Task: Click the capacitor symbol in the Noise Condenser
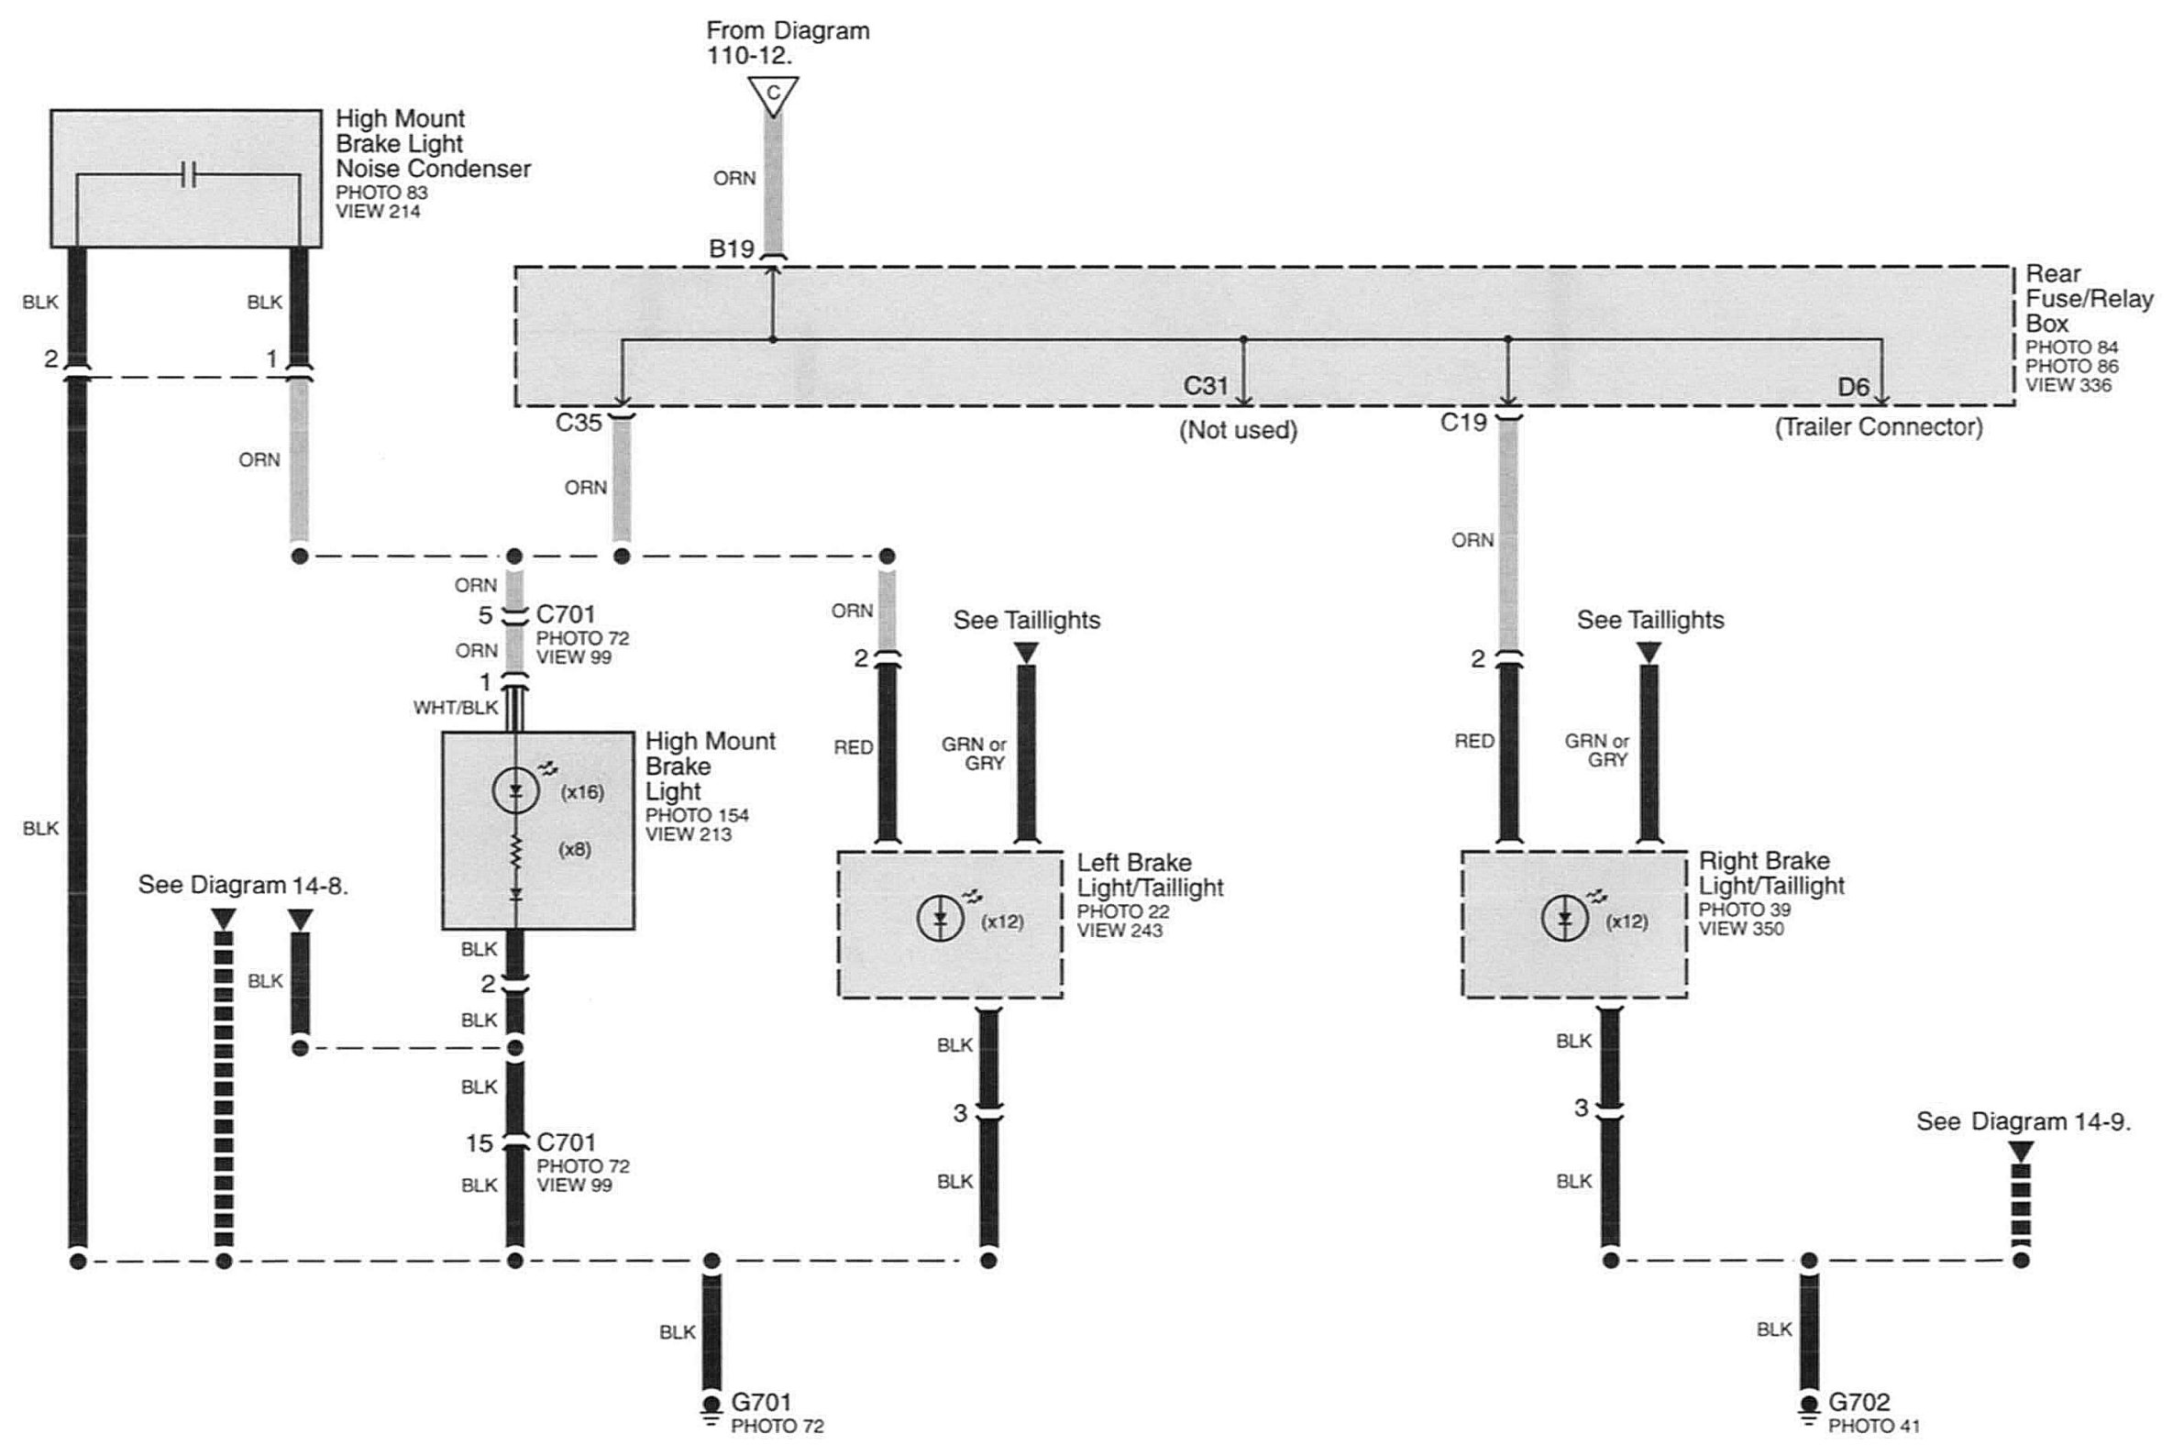pyautogui.click(x=189, y=174)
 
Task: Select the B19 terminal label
pyautogui.click(x=732, y=248)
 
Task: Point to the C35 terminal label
pyautogui.click(x=579, y=423)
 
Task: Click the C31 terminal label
pyautogui.click(x=1206, y=385)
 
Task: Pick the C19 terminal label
pyautogui.click(x=1463, y=423)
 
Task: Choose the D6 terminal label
pyautogui.click(x=1854, y=386)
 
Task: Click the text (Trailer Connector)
pyautogui.click(x=1879, y=427)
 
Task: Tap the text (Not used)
pyautogui.click(x=1238, y=430)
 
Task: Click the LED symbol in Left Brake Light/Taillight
pyautogui.click(x=940, y=920)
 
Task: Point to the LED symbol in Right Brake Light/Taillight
pyautogui.click(x=1564, y=920)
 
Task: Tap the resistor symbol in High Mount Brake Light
pyautogui.click(x=516, y=851)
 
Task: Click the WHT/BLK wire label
pyautogui.click(x=456, y=708)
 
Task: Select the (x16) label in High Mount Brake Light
pyautogui.click(x=582, y=792)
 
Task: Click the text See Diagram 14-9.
pyautogui.click(x=2024, y=1121)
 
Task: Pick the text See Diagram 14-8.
pyautogui.click(x=243, y=885)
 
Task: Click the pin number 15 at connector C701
pyautogui.click(x=480, y=1143)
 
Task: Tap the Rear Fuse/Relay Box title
pyautogui.click(x=2089, y=299)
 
